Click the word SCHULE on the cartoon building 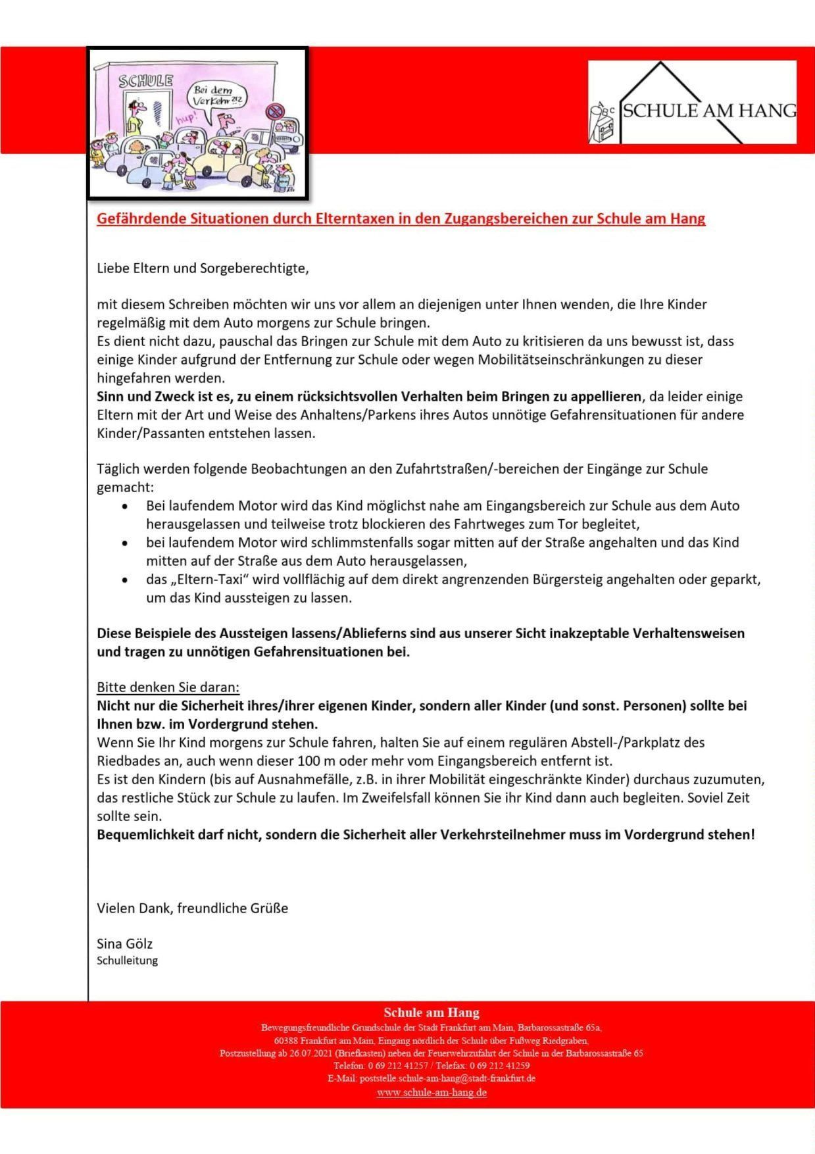click(x=145, y=81)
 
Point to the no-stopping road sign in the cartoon click(x=274, y=111)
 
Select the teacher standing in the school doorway click(x=135, y=118)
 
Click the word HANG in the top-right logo click(x=770, y=111)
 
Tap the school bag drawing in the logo click(x=602, y=125)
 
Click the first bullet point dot click(x=125, y=507)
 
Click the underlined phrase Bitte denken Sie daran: click(x=168, y=688)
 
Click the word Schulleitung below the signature click(x=127, y=961)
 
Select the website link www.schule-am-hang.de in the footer click(x=432, y=1093)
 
